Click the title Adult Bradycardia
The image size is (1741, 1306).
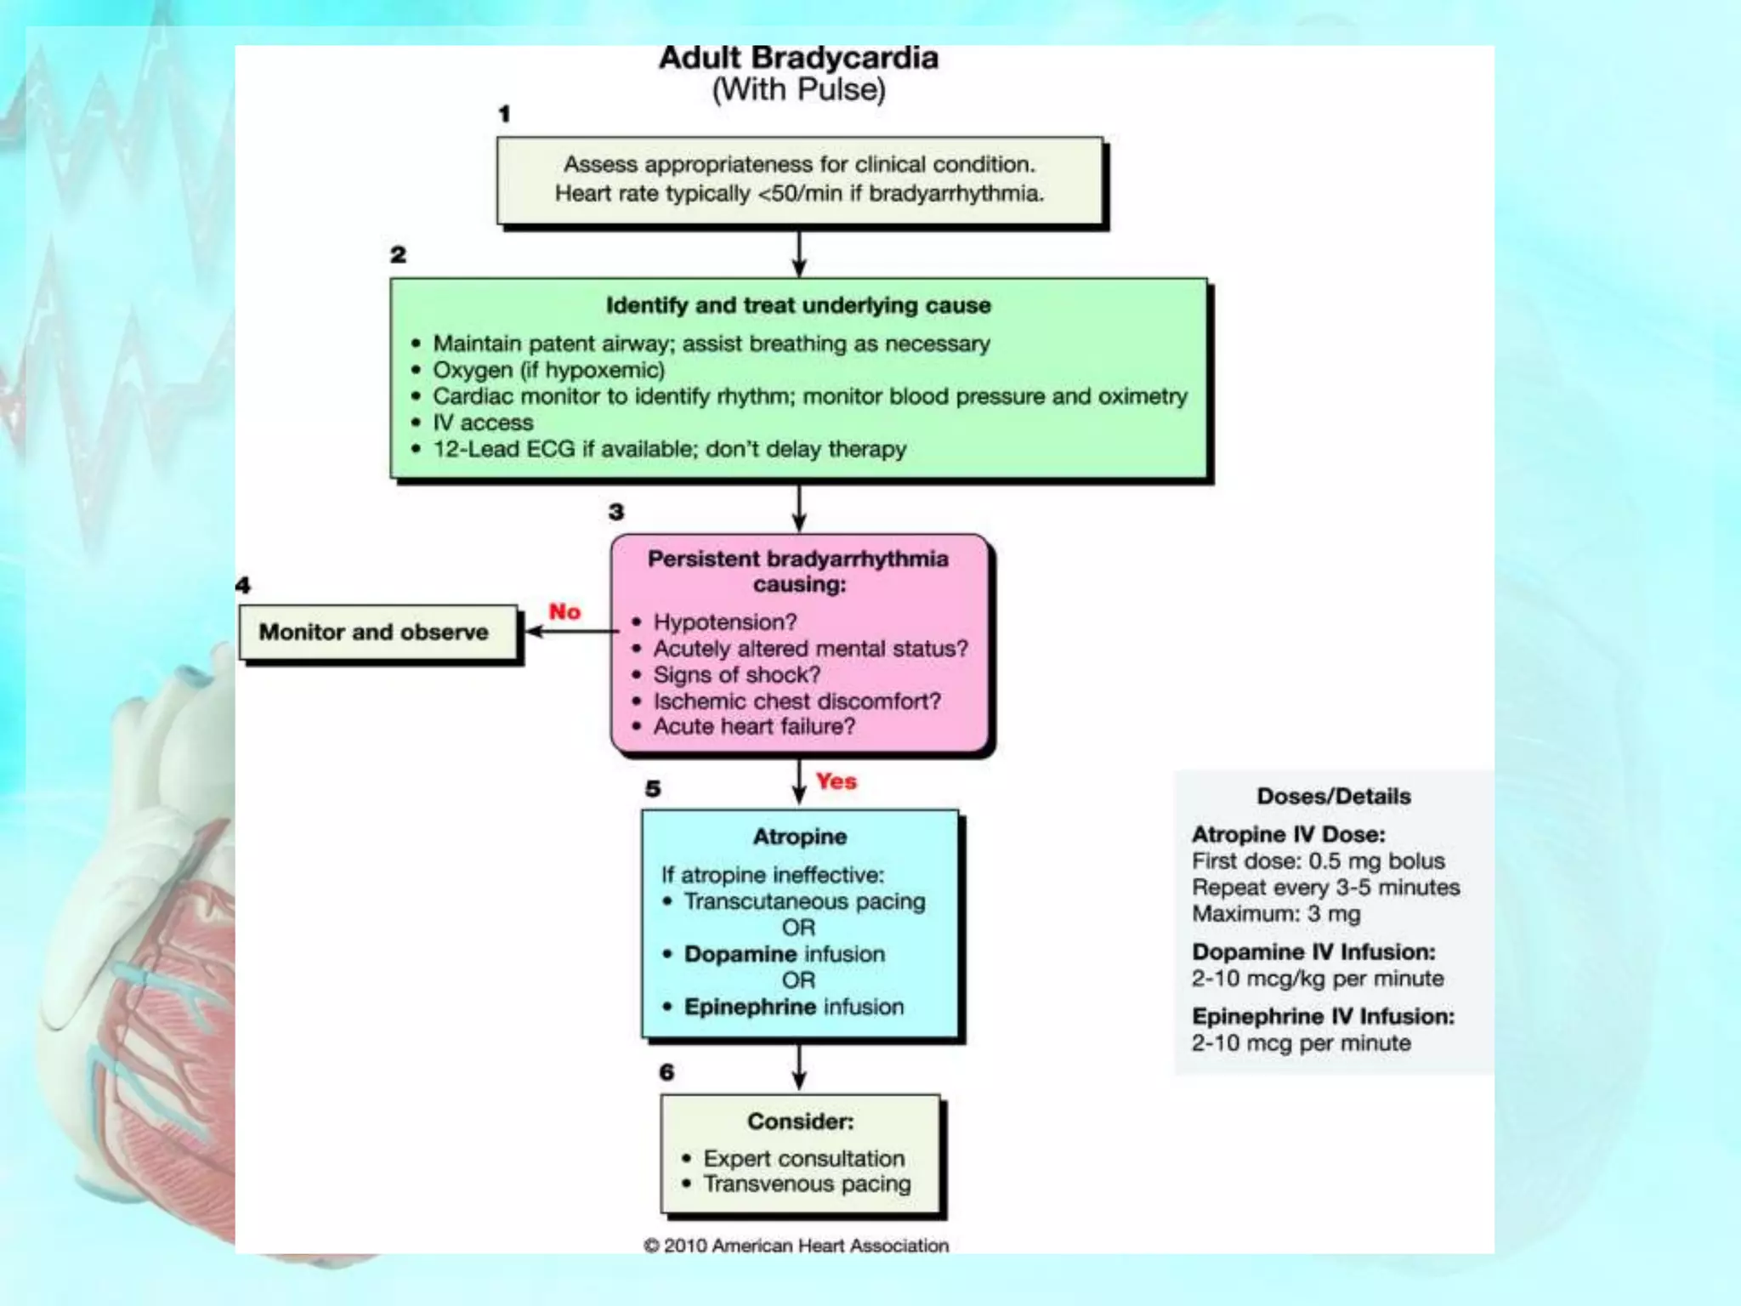coord(798,58)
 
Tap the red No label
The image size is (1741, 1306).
coord(564,611)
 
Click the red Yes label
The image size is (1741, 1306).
coord(836,781)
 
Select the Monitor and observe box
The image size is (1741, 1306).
coord(378,633)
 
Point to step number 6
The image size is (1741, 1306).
coord(666,1072)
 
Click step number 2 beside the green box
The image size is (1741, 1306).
coord(398,254)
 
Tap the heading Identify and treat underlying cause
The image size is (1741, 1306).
coord(798,305)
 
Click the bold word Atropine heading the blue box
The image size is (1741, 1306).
coord(800,837)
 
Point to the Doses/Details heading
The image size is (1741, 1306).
coord(1334,797)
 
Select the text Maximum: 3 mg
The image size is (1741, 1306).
coord(1276,914)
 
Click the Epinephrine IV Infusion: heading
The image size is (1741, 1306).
coord(1323,1017)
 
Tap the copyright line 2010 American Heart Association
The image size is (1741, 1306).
coord(796,1246)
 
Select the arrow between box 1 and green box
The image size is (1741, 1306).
coord(799,253)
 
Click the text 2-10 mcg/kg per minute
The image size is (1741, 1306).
coord(1318,979)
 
